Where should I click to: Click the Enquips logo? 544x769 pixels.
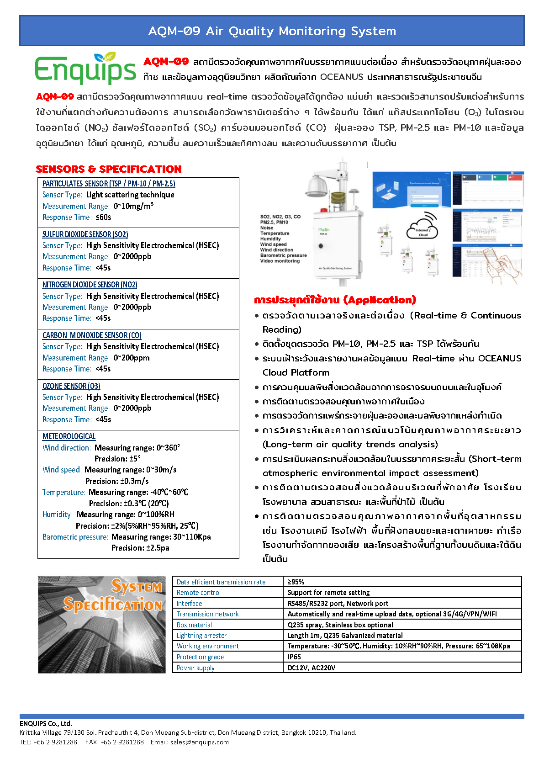point(85,69)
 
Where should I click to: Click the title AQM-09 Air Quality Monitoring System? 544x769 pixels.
point(272,31)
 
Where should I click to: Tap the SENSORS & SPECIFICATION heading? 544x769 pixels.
point(109,169)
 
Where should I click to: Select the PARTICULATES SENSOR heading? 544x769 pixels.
point(109,184)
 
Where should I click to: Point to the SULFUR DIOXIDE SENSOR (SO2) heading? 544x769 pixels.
point(85,234)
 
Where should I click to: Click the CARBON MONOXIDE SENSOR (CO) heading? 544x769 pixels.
point(92,335)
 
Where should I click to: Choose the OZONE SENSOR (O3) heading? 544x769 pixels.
point(71,386)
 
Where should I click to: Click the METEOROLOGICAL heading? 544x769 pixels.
point(69,436)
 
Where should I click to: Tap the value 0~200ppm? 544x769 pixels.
point(132,358)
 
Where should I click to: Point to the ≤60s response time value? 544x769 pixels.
point(103,217)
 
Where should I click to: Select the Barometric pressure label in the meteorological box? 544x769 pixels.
point(75,537)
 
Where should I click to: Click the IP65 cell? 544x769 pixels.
point(295,657)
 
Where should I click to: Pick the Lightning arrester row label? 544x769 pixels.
point(201,636)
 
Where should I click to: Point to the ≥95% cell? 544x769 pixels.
point(296,582)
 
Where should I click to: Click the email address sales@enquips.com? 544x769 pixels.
point(199,742)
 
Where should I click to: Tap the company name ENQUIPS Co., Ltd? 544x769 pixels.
point(46,723)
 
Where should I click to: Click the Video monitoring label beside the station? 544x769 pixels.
point(280,261)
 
